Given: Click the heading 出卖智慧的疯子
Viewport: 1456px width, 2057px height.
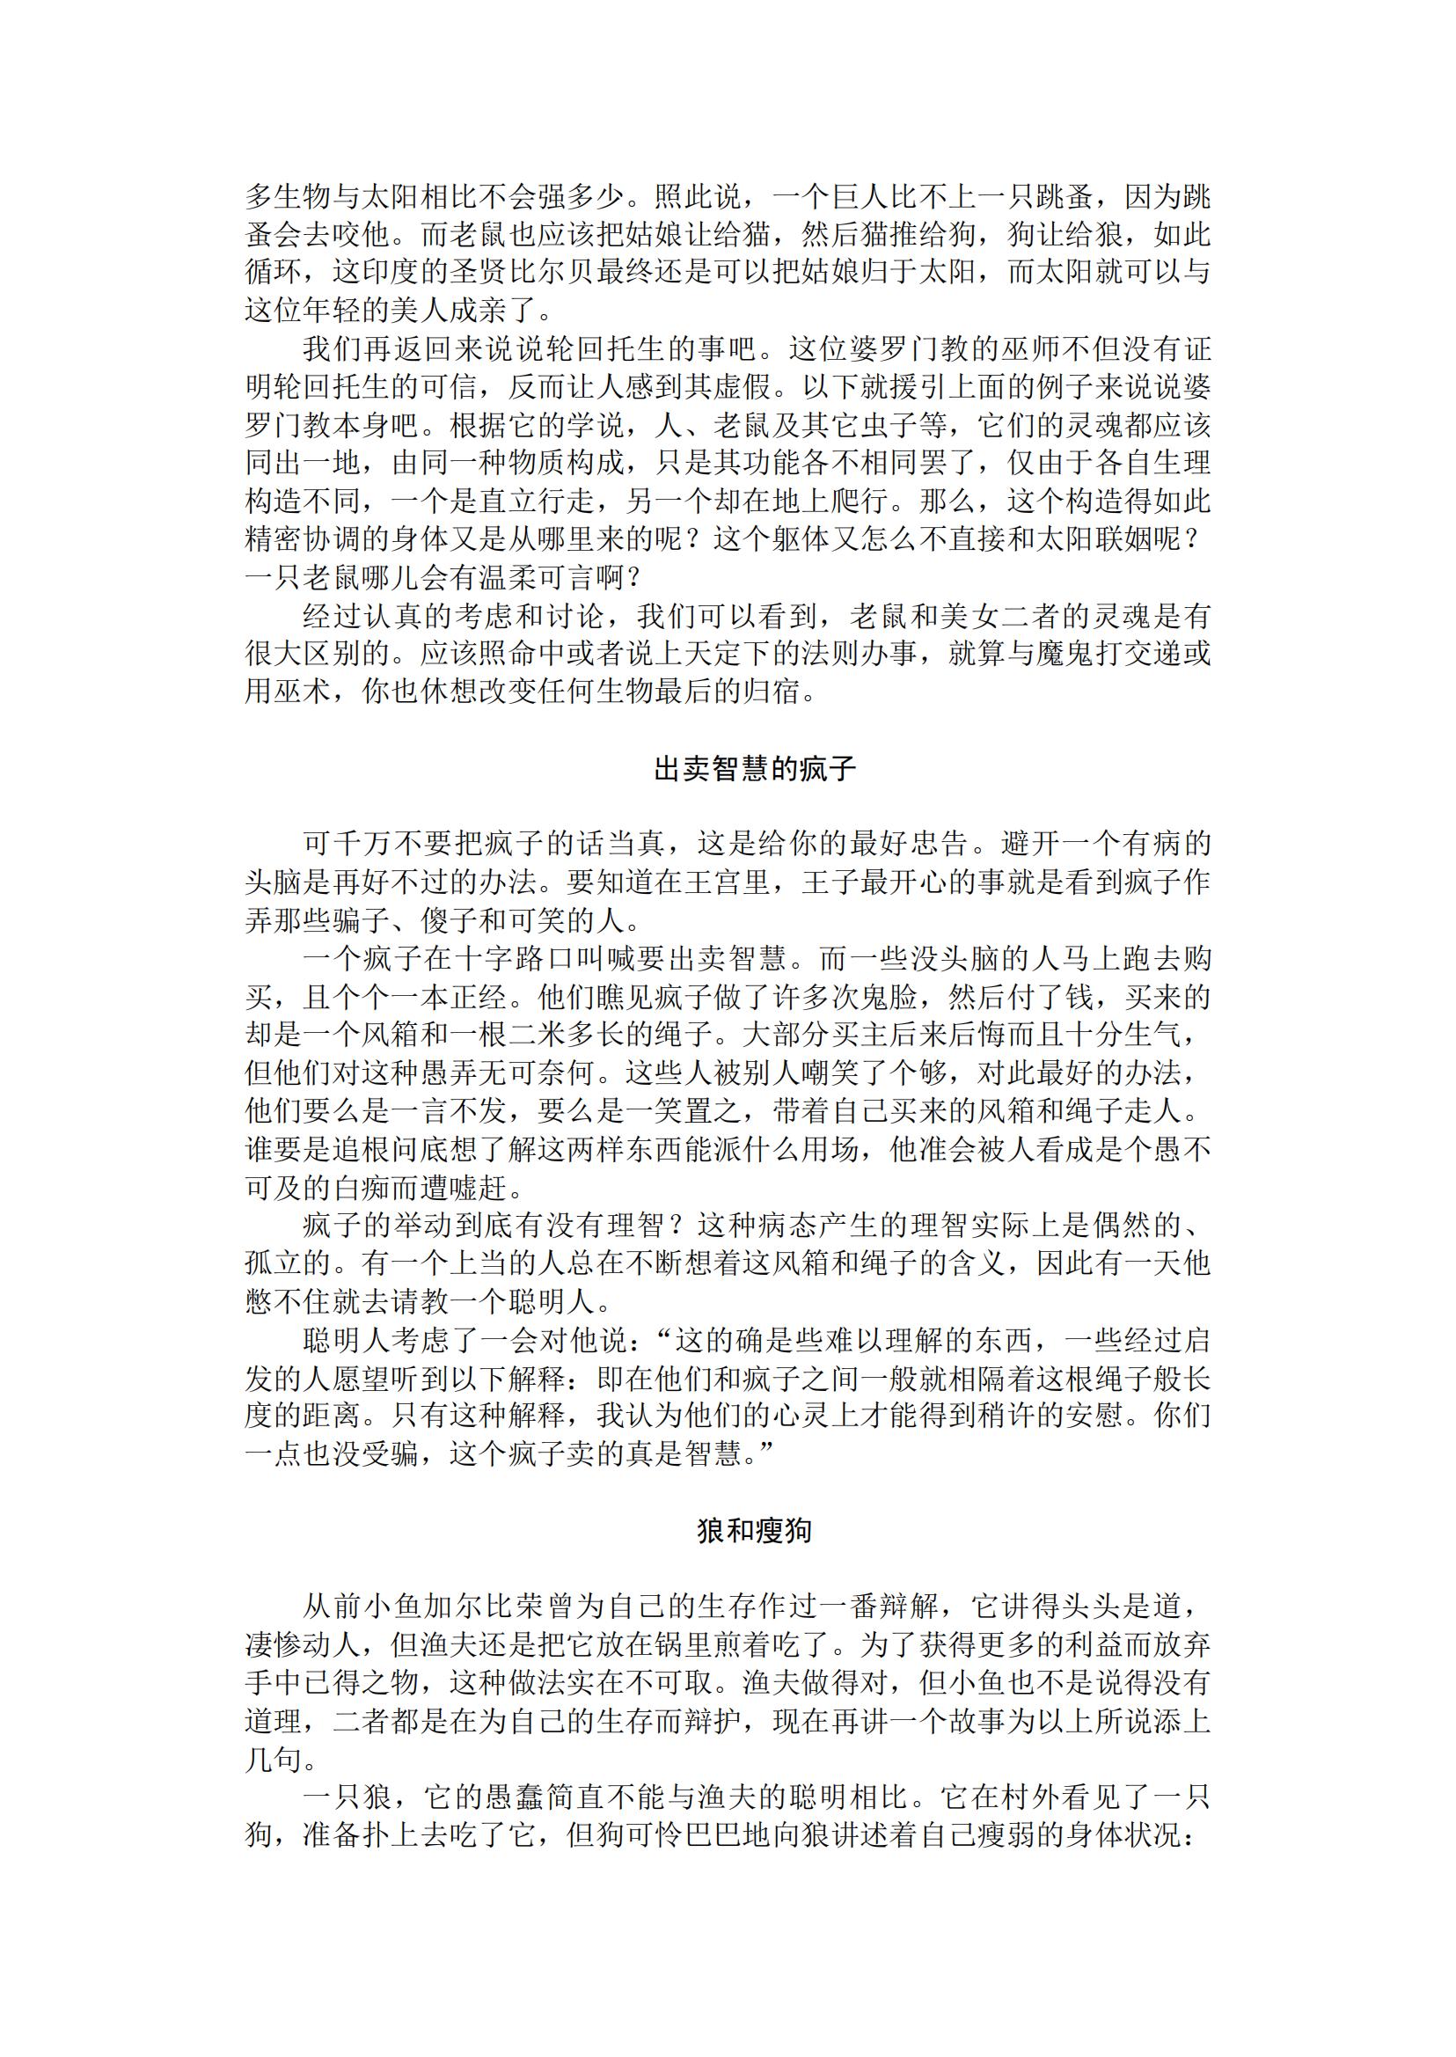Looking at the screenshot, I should pos(754,769).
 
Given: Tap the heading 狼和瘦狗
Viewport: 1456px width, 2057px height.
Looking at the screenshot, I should pos(754,1531).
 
